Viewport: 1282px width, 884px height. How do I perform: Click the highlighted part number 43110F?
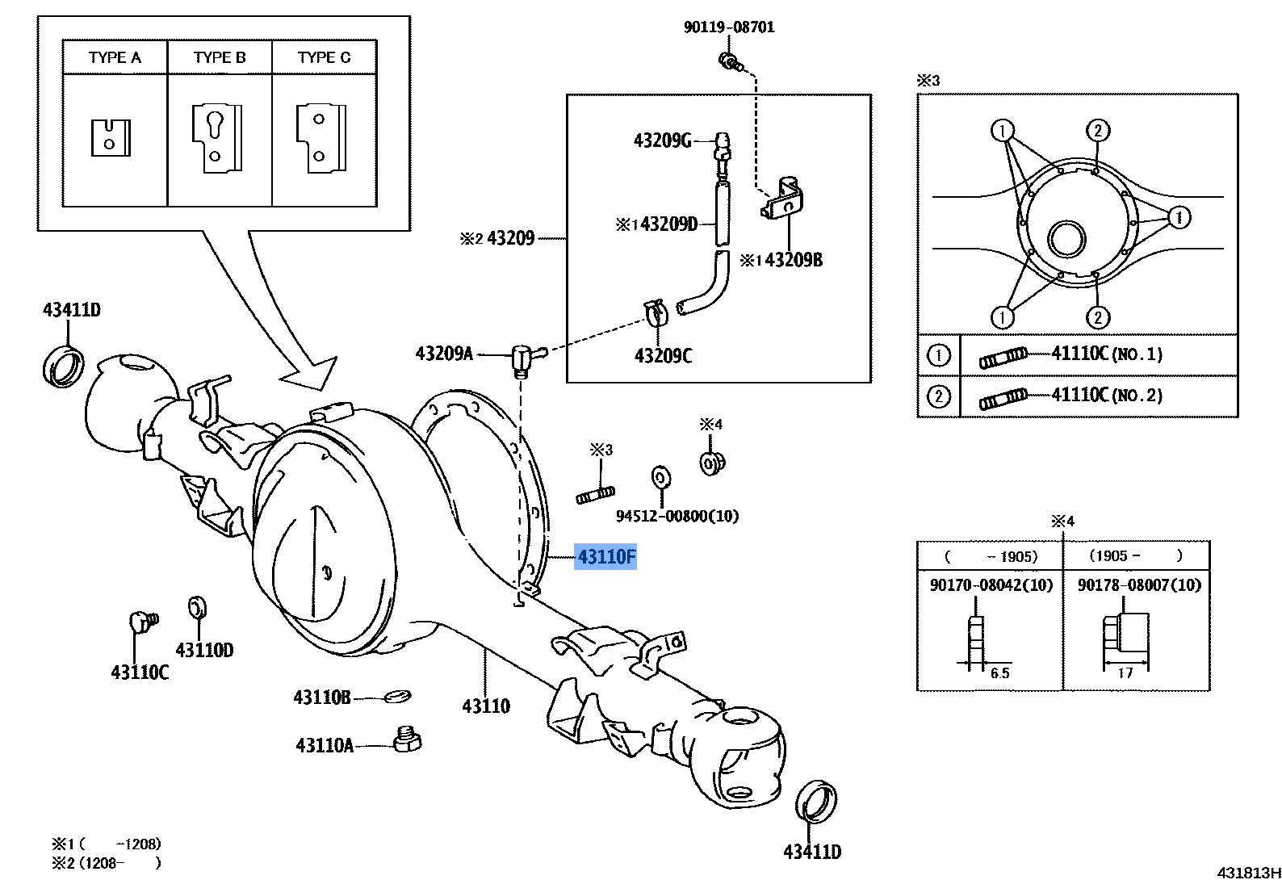[x=605, y=557]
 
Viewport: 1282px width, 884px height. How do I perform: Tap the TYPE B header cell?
[x=220, y=57]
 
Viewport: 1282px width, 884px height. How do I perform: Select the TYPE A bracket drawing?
[x=111, y=138]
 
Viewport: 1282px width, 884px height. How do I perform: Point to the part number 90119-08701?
[x=729, y=27]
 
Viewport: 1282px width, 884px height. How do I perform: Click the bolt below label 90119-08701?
[x=730, y=61]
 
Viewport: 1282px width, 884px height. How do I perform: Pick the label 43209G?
[x=662, y=141]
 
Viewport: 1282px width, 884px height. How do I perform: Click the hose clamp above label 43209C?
[x=655, y=310]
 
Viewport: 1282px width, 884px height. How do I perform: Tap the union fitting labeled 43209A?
[x=522, y=358]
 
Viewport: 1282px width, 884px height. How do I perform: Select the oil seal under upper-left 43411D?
[x=63, y=366]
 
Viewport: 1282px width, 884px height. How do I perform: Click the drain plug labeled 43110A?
[x=408, y=739]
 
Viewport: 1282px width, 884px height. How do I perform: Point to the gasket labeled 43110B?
[x=397, y=696]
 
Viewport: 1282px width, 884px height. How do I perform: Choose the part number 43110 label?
[x=486, y=706]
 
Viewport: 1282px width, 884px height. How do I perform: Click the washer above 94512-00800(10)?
[x=661, y=478]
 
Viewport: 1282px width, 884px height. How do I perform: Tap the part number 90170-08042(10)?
[x=991, y=585]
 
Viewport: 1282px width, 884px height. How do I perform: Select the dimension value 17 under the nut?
[x=1125, y=673]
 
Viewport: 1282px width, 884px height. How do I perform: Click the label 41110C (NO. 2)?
[x=1107, y=396]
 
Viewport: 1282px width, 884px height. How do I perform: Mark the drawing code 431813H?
[x=1249, y=873]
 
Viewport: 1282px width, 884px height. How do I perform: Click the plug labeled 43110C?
[x=142, y=622]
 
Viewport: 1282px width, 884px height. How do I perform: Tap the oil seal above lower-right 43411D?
[x=816, y=801]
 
